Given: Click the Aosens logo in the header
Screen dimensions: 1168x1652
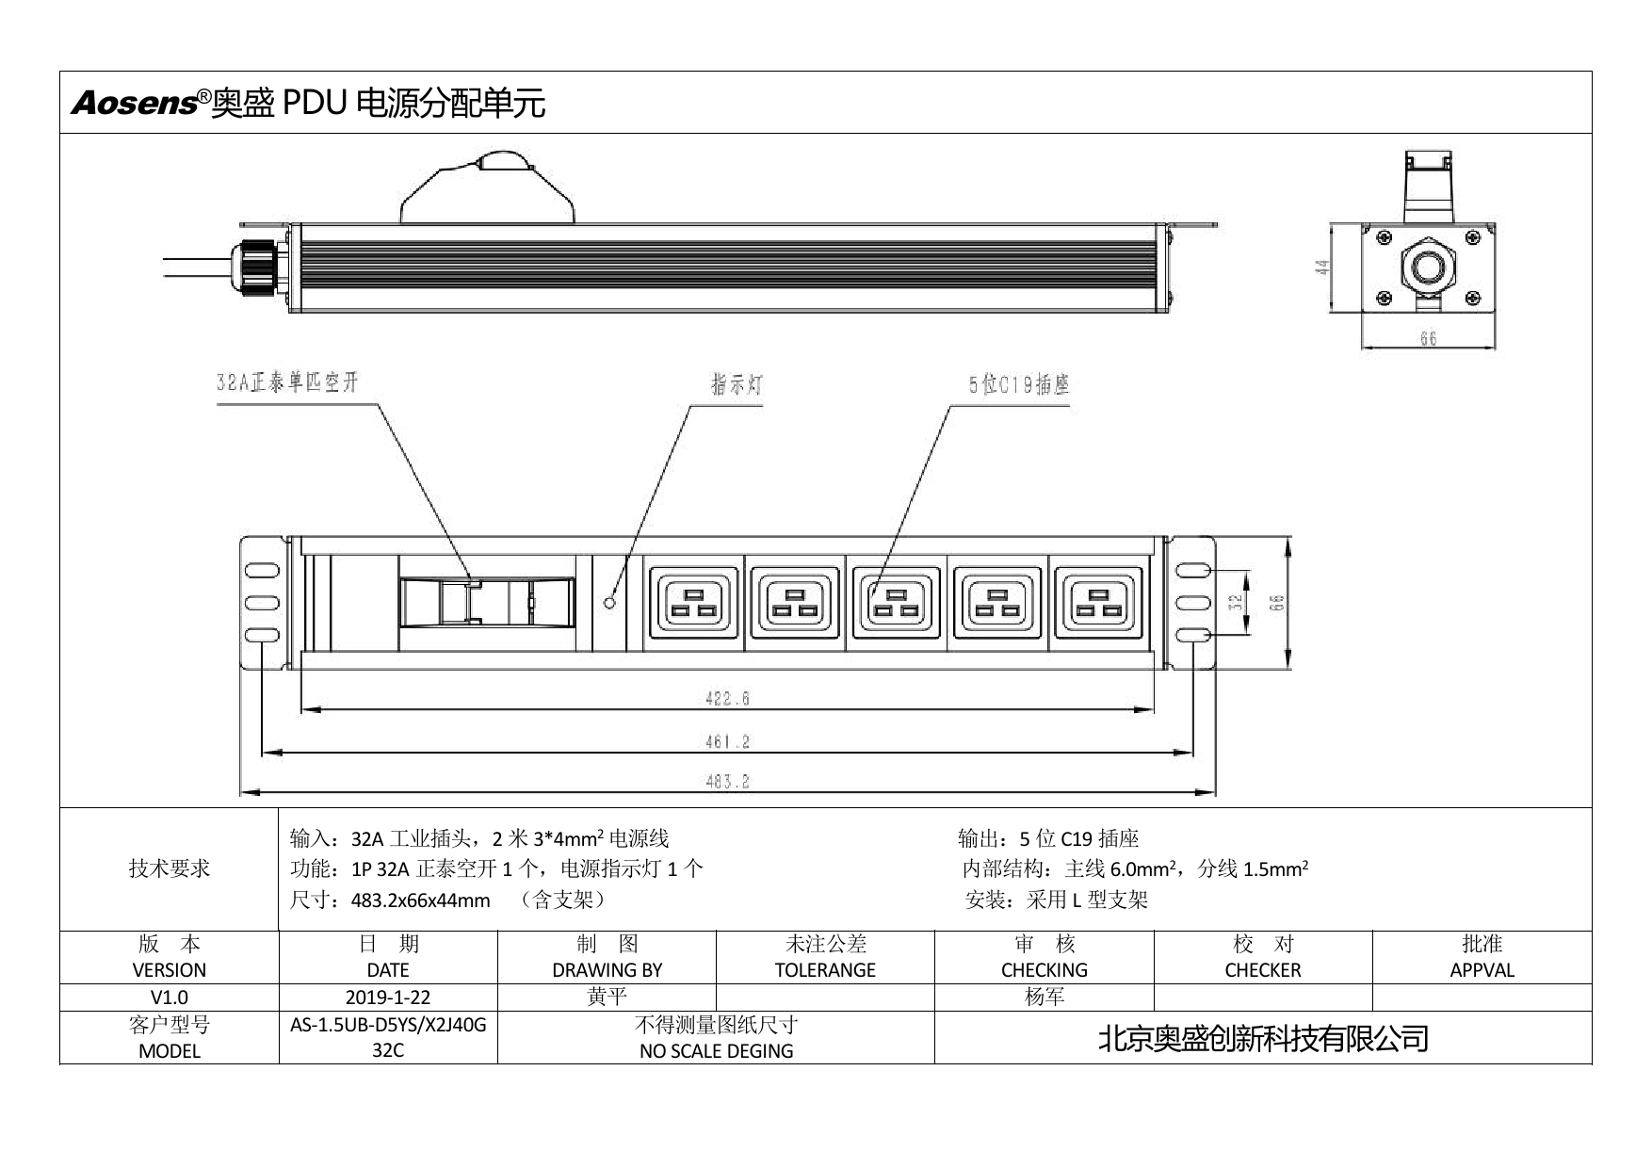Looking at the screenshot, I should [134, 103].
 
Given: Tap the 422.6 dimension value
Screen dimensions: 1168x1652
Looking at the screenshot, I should [727, 699].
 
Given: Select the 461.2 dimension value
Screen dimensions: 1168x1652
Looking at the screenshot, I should [727, 742].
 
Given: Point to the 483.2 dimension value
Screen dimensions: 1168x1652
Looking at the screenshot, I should [727, 782].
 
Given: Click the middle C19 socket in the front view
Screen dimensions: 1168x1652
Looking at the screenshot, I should [895, 603].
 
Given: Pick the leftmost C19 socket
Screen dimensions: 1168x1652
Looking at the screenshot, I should [693, 603].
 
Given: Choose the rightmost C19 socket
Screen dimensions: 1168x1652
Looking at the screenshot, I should [1097, 603].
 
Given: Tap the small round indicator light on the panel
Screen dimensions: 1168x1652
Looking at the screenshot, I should [609, 602].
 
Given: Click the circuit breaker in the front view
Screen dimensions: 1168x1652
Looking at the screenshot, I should [486, 602].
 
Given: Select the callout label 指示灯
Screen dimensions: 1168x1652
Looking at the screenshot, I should [736, 385].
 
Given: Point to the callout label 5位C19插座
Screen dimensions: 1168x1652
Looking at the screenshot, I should [1019, 384].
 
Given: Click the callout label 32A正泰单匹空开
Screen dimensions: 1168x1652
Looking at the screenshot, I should [287, 382].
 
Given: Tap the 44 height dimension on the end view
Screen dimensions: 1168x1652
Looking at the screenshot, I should [1322, 268].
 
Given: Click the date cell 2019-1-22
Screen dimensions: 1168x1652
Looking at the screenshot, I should [388, 998].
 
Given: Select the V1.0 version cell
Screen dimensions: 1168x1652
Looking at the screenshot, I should [170, 998].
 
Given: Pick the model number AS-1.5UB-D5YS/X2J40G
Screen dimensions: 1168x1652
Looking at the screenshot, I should [388, 1025].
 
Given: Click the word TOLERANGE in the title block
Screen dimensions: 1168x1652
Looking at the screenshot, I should [825, 970].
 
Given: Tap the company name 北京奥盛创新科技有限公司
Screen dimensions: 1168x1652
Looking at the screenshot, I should [1263, 1038].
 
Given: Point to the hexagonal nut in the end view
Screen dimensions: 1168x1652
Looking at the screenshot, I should [1428, 267].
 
